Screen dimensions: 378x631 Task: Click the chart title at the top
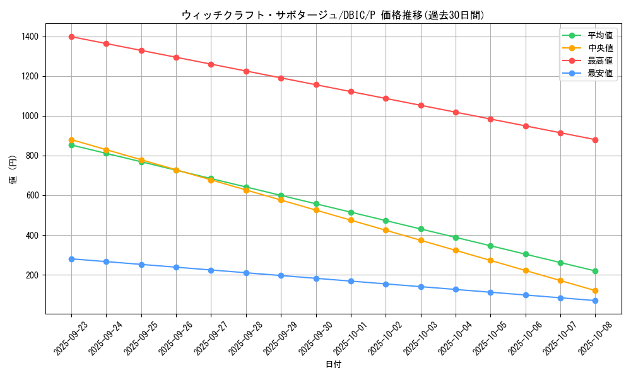(x=333, y=15)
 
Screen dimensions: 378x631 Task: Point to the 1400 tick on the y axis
(x=29, y=37)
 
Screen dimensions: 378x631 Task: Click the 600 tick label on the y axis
(x=31, y=196)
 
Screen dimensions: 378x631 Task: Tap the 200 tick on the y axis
(x=31, y=275)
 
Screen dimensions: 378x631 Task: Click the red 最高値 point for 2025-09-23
(x=71, y=37)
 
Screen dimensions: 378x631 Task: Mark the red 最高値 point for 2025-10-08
(x=595, y=140)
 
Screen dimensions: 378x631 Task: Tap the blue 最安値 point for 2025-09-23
(x=71, y=259)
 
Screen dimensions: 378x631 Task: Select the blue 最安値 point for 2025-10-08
(x=595, y=301)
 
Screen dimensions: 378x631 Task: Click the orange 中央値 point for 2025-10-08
(x=595, y=291)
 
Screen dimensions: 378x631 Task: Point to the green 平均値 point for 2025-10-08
(x=595, y=271)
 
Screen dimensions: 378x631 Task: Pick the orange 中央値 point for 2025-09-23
(x=71, y=140)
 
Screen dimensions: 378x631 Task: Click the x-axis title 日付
(x=333, y=365)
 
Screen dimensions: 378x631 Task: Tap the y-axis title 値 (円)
(x=13, y=170)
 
